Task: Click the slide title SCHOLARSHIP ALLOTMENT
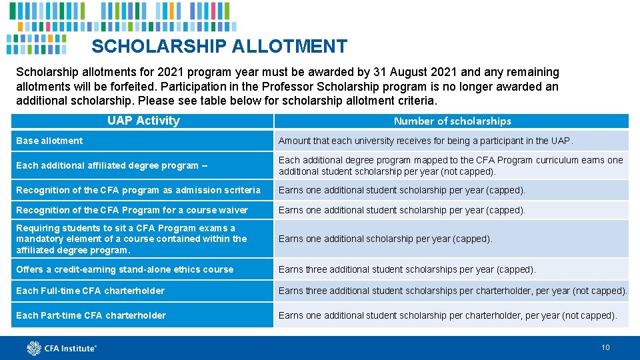tap(219, 47)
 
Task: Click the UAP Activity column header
tap(143, 121)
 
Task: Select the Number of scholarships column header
tap(452, 121)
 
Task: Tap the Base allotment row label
tap(49, 141)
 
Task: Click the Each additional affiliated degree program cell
tap(111, 165)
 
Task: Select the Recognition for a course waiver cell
tap(131, 210)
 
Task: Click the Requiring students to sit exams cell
tap(131, 239)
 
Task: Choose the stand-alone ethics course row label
tap(125, 269)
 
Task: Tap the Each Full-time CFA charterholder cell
tap(90, 291)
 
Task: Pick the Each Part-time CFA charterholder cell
tap(91, 315)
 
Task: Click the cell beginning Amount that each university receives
tap(425, 141)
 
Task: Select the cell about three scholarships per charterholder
tap(453, 291)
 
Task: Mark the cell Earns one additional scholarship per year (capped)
tap(385, 239)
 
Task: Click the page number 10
tap(605, 347)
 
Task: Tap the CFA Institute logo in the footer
tap(61, 347)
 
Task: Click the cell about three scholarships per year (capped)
tap(407, 269)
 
